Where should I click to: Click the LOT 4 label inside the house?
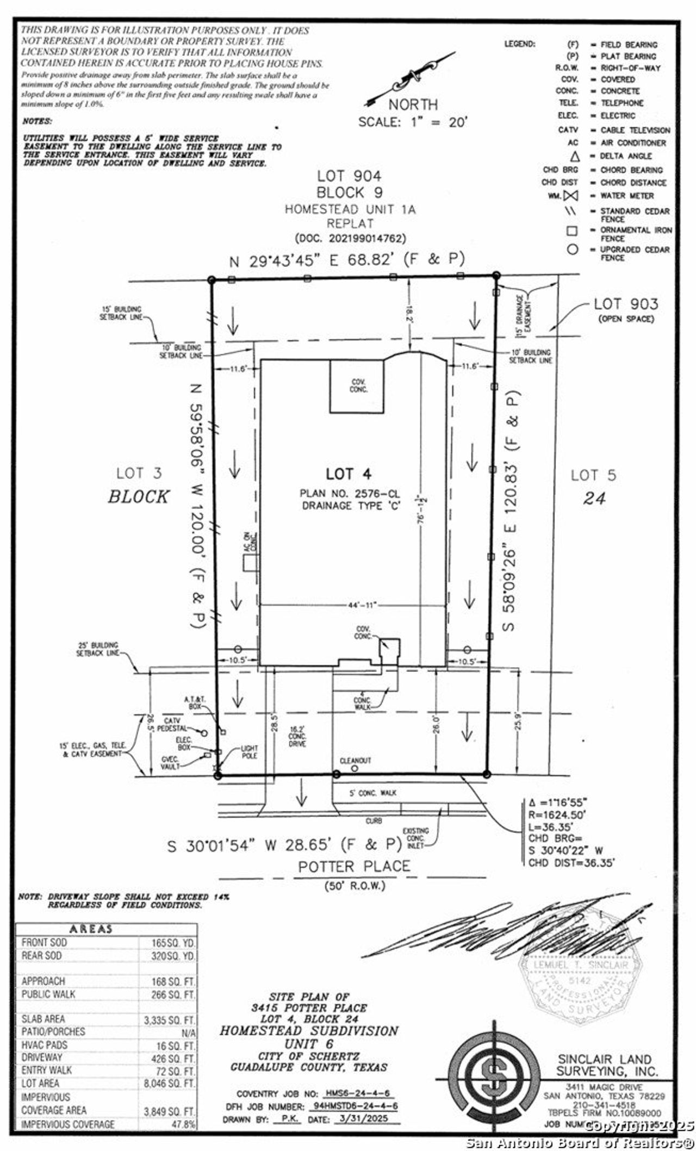[349, 474]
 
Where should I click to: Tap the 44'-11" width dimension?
[362, 605]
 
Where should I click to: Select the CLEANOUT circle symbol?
[355, 768]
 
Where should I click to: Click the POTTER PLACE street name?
[354, 866]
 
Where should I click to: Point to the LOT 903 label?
[625, 304]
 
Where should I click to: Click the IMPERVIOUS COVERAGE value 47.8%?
[184, 1124]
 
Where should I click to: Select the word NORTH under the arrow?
[413, 104]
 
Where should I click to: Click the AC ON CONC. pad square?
[250, 563]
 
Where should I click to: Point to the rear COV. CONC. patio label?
[358, 385]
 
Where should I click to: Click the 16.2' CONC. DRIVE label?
[297, 736]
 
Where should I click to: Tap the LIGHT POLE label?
[249, 752]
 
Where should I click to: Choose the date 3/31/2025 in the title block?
[368, 1119]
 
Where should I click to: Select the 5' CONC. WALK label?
[372, 793]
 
